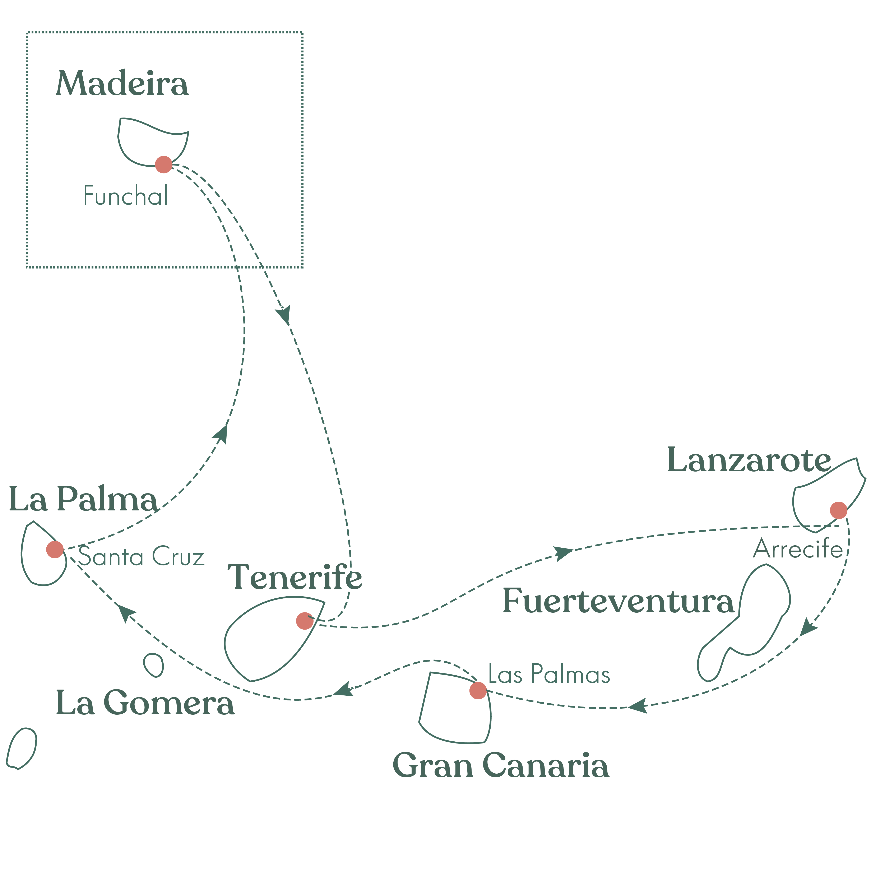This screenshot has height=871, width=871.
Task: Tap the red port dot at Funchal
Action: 163,165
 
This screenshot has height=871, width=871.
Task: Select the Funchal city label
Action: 126,196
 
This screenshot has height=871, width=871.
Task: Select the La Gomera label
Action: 145,703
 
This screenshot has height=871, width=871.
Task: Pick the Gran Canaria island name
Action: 501,765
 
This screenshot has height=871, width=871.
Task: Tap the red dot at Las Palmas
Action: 478,690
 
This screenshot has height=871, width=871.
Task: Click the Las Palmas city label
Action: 549,675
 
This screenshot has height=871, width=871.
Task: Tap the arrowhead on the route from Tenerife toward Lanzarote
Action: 563,553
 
